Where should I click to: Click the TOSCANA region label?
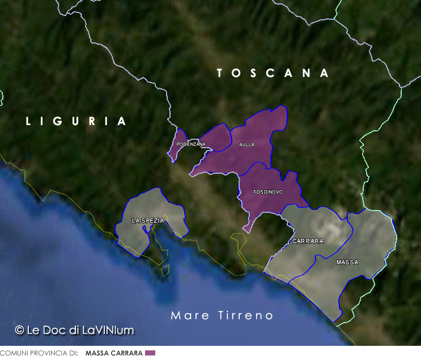[273, 73]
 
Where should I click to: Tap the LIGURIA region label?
[76, 121]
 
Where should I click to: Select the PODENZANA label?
[191, 144]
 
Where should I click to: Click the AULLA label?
[246, 145]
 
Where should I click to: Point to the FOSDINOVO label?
[267, 192]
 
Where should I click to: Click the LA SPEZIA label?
[148, 220]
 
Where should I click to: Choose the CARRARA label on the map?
[308, 241]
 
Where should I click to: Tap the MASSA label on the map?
[347, 263]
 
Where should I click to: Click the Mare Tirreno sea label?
[222, 315]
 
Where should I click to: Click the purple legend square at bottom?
[150, 353]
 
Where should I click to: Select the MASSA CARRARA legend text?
[114, 353]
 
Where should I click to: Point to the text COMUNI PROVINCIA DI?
[39, 353]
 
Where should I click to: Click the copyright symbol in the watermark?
[19, 329]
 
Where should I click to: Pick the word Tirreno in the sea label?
[245, 315]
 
